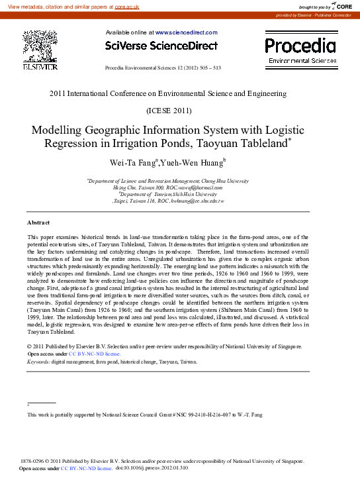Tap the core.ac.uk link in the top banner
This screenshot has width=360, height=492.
pos(127,6)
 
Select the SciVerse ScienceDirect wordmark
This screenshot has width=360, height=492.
pos(161,46)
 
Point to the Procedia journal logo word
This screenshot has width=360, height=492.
pos(300,45)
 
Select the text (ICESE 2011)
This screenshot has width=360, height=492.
pos(168,110)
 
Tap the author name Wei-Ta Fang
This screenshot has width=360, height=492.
pos(137,162)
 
